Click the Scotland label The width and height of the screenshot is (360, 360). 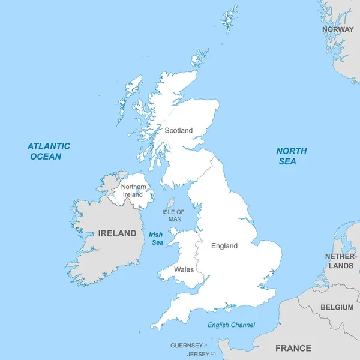[x=179, y=130]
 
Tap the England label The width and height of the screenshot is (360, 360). [x=224, y=246]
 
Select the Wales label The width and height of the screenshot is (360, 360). [x=184, y=269]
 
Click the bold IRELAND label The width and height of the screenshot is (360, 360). [x=117, y=233]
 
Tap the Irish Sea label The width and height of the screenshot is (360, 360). [x=156, y=238]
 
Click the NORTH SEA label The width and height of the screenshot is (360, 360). [x=292, y=156]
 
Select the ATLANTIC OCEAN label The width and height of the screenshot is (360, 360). [x=49, y=151]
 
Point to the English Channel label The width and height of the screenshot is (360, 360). [x=231, y=325]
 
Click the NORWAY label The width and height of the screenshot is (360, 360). [x=338, y=29]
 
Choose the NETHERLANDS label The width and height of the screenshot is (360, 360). [x=340, y=261]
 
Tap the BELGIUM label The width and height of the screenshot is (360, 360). [x=337, y=307]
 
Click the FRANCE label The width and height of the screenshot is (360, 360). [x=293, y=348]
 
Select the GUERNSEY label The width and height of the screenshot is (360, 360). [x=186, y=346]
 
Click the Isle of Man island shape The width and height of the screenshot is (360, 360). [x=170, y=203]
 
